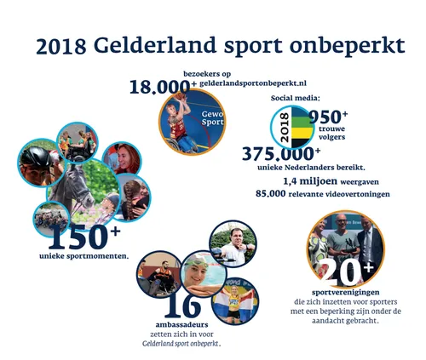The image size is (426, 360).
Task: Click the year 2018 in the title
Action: (x=60, y=45)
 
